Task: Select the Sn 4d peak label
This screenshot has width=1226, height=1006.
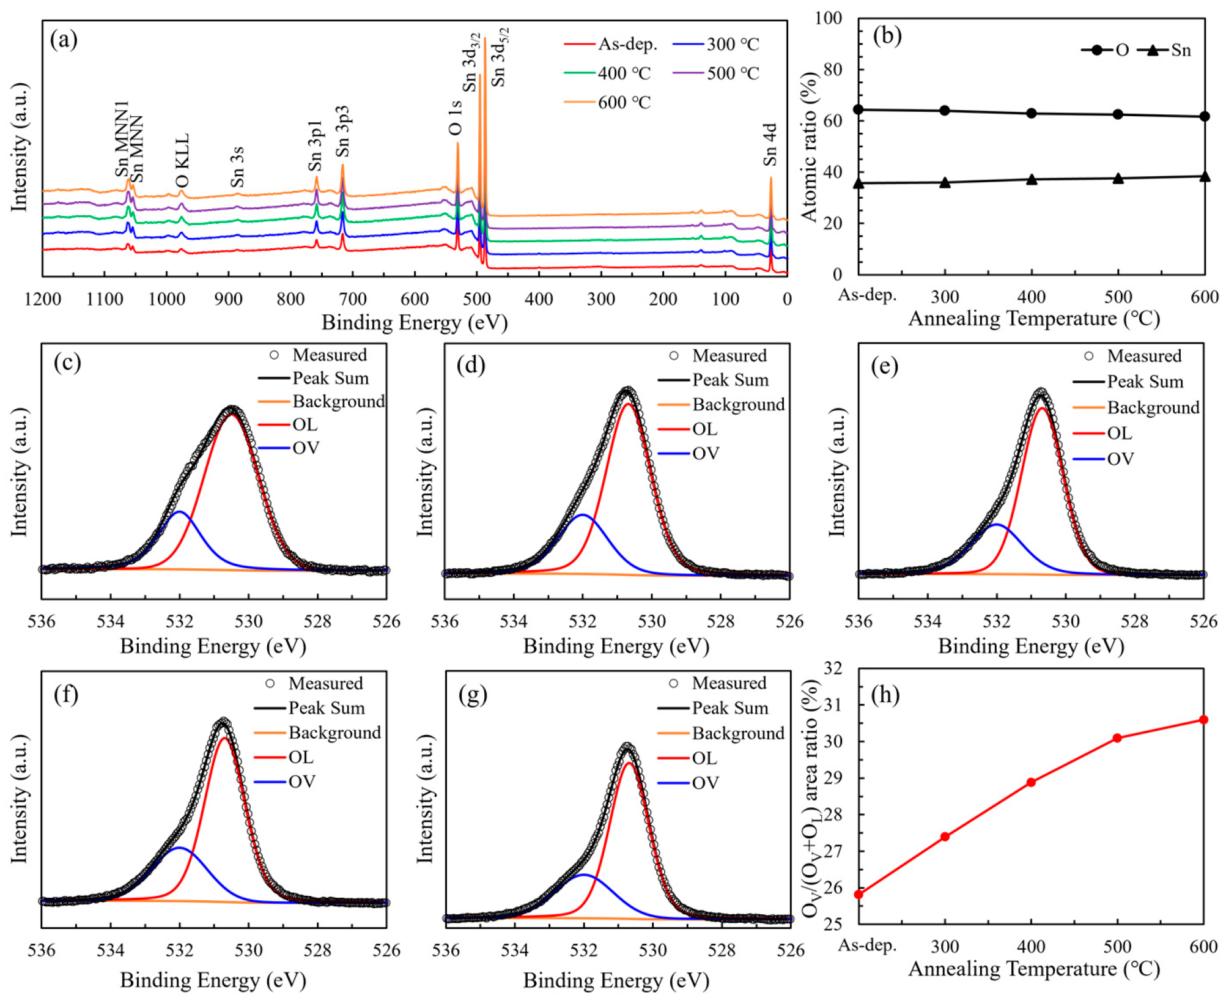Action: click(770, 144)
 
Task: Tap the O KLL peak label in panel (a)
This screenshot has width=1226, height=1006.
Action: click(182, 160)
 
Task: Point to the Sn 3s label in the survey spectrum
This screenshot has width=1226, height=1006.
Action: click(237, 166)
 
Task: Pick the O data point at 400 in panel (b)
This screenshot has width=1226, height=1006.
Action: click(1032, 113)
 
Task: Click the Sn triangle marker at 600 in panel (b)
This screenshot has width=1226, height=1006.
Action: click(1205, 177)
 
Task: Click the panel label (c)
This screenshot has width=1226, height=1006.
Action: click(67, 363)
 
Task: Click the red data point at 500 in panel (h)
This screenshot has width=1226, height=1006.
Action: click(1117, 738)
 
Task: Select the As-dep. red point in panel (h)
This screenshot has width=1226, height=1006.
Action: click(859, 894)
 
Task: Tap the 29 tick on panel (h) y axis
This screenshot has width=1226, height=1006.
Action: click(833, 778)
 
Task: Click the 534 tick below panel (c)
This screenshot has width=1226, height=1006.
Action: click(110, 622)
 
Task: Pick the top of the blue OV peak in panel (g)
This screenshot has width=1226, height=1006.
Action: click(584, 875)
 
